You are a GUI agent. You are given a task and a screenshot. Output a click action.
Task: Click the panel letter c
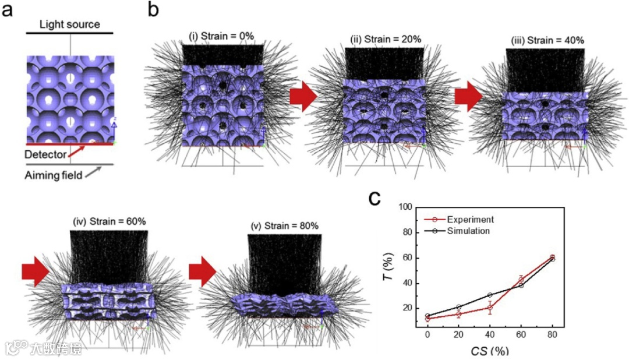(375, 198)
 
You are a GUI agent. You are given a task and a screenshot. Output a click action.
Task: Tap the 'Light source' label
(70, 24)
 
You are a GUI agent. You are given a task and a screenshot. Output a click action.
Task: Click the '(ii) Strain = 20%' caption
(385, 39)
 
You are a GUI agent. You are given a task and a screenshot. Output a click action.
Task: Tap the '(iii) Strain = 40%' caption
(547, 40)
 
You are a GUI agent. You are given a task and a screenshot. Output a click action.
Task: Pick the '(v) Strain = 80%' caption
(284, 225)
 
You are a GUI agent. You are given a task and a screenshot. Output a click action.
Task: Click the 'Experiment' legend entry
(470, 220)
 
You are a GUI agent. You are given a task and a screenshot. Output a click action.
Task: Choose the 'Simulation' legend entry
(468, 231)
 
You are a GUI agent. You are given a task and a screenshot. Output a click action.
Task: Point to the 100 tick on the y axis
(404, 207)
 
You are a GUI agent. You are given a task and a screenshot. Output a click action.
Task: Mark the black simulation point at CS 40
(490, 295)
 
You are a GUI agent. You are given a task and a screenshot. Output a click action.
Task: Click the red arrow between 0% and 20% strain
(303, 96)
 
